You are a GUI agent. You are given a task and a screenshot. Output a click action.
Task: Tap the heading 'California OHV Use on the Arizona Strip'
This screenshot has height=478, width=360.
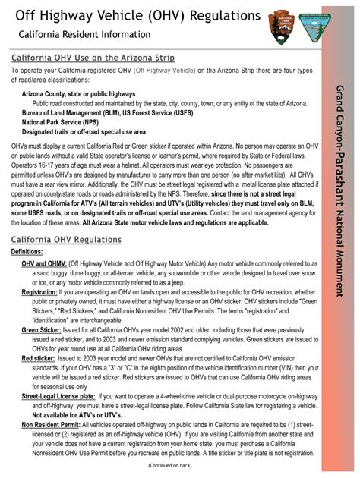click(x=93, y=58)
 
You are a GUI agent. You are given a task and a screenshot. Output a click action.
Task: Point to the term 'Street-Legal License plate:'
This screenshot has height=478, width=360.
click(x=58, y=396)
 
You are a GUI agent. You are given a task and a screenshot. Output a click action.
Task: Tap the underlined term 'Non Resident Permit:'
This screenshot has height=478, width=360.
click(x=51, y=426)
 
